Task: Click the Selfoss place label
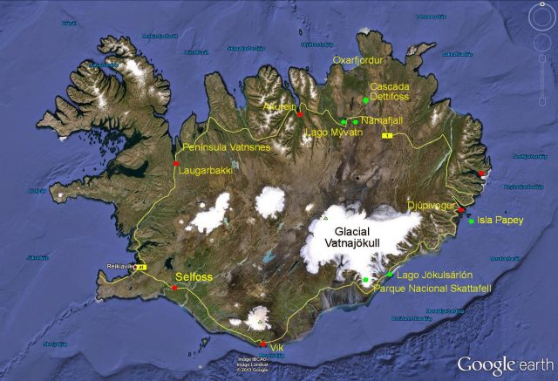[x=194, y=276]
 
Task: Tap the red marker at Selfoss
[x=176, y=288]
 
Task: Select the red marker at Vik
[x=263, y=344]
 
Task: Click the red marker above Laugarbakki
[x=176, y=163]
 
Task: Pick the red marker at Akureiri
[x=300, y=115]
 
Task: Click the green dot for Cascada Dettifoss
[x=366, y=101]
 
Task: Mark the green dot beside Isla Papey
[x=472, y=221]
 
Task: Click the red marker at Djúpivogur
[x=461, y=210]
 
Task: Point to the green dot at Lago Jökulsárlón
[x=390, y=274]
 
